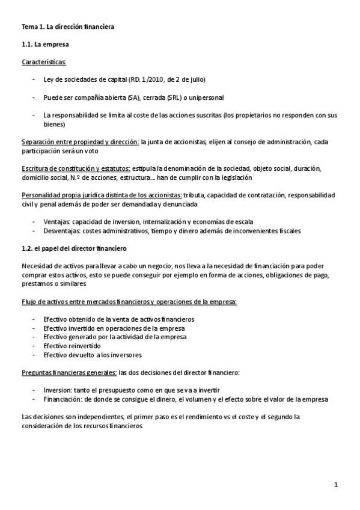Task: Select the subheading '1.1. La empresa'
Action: pyautogui.click(x=44, y=45)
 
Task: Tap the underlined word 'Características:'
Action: pyautogui.click(x=44, y=62)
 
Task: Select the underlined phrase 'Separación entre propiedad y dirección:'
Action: pyautogui.click(x=80, y=142)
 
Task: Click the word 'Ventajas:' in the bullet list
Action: pyautogui.click(x=58, y=222)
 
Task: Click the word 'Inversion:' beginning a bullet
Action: pyautogui.click(x=59, y=390)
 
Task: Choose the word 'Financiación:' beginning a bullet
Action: pyautogui.click(x=64, y=399)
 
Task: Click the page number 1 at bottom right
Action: pyautogui.click(x=337, y=484)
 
